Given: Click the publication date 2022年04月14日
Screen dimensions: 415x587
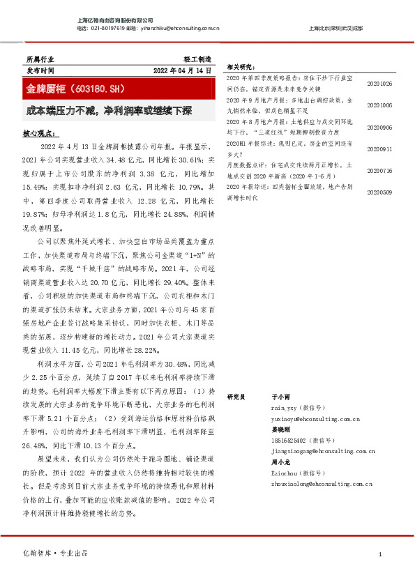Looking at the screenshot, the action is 181,72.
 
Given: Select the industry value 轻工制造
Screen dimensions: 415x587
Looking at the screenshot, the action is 197,60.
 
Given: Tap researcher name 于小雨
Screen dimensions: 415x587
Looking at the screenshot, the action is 280,396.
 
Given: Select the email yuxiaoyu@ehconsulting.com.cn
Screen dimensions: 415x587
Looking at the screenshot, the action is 315,419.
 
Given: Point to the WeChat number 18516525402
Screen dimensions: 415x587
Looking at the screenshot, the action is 289,441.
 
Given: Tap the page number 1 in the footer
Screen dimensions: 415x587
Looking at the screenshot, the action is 379,554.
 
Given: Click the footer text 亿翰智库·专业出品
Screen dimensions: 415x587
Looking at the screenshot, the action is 56,554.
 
